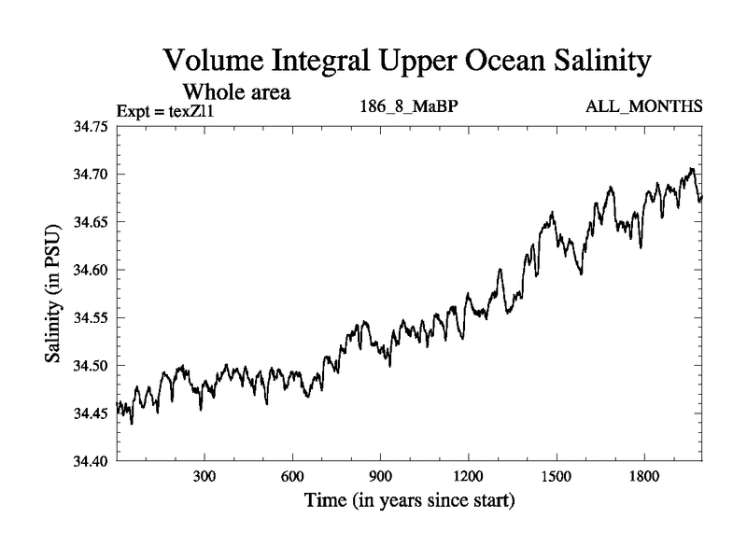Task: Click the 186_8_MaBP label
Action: (408, 106)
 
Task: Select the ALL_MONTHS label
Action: (643, 106)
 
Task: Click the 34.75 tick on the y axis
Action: (92, 127)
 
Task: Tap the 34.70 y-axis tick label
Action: (92, 175)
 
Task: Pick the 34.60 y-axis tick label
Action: (92, 271)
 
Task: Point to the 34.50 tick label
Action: (92, 366)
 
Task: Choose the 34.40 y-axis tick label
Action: (92, 461)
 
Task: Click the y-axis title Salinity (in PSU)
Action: (54, 294)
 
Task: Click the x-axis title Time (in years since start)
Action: (410, 500)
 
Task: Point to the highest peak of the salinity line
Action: (691, 169)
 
